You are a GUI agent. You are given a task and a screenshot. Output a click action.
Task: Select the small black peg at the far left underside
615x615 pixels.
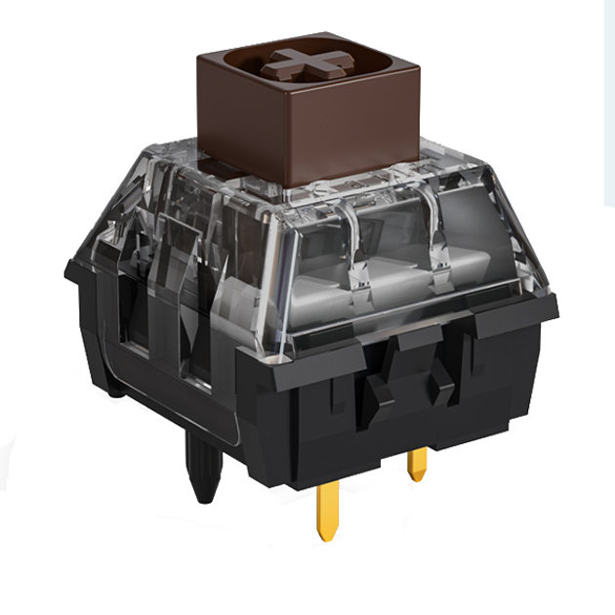click(x=115, y=390)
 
